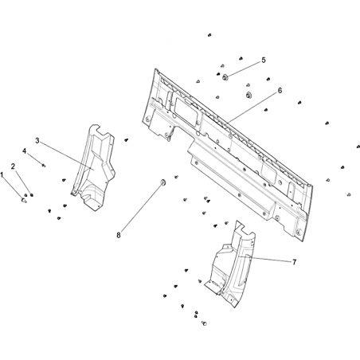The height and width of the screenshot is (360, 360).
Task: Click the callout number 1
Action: point(2,175)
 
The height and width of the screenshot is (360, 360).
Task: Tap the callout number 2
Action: point(13,166)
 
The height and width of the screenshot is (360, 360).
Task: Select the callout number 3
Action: point(37,140)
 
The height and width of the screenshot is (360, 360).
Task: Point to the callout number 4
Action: point(24,151)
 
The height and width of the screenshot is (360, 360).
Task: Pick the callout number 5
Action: point(263,61)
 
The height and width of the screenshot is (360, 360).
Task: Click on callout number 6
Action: point(280,91)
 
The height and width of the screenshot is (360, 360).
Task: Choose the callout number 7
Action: point(294,262)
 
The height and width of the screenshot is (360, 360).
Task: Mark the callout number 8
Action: point(119,235)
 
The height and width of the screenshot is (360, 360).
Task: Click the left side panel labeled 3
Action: point(93,167)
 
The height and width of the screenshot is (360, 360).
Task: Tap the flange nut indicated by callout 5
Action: point(225,77)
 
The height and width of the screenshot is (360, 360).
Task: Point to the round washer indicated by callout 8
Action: point(162,182)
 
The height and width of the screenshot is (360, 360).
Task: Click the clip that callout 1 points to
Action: point(24,200)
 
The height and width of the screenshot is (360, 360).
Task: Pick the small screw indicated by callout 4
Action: point(44,166)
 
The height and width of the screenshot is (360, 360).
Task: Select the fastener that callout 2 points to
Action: point(32,195)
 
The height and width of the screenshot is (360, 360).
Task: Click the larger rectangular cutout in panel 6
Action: point(186,112)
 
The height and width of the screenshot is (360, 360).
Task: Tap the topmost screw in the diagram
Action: point(209,35)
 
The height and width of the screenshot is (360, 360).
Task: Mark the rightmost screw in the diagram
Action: point(358,147)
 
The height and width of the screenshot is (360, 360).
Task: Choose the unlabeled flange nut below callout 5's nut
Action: point(248,95)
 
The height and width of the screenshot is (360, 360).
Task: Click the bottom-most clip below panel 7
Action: point(204,323)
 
